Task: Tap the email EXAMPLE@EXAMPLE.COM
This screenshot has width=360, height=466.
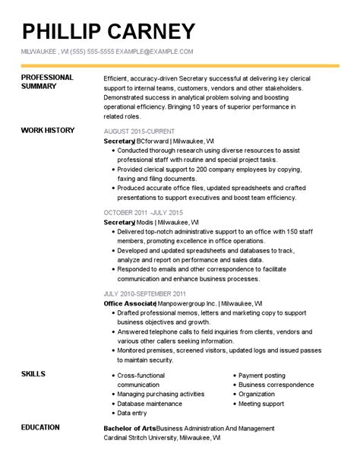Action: (x=156, y=51)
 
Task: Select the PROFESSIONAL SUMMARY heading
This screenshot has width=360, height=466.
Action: (x=47, y=82)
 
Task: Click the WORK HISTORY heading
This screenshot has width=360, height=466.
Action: (x=48, y=130)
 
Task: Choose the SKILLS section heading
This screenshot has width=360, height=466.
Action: (x=33, y=374)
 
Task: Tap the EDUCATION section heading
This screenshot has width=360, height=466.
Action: (x=41, y=427)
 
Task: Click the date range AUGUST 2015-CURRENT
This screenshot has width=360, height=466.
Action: (x=138, y=132)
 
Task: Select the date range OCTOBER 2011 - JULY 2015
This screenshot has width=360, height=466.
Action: (x=144, y=212)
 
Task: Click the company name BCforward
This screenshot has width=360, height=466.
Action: (x=153, y=141)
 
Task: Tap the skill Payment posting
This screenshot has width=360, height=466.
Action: (x=262, y=376)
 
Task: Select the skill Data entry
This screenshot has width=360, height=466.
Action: (x=133, y=413)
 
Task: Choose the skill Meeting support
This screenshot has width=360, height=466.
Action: (x=262, y=404)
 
